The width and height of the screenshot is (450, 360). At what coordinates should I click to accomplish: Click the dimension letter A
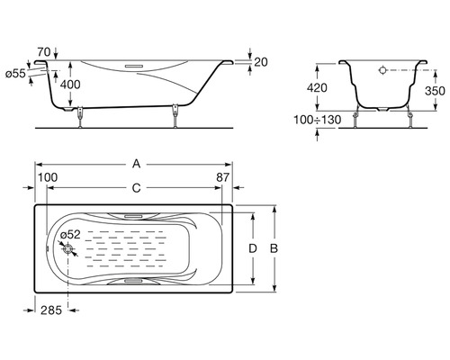[x=137, y=164]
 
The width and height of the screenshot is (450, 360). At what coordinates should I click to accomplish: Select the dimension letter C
[x=137, y=188]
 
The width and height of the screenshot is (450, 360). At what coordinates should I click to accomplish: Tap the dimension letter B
[x=274, y=248]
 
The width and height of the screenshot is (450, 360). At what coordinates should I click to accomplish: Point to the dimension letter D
[x=253, y=248]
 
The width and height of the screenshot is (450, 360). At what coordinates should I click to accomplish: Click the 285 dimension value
[x=51, y=310]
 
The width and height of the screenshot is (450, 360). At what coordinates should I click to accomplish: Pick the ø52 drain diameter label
[x=70, y=234]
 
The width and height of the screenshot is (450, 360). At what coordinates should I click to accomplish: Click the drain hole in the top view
[x=68, y=249]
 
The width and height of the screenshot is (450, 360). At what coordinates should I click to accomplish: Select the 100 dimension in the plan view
[x=48, y=177]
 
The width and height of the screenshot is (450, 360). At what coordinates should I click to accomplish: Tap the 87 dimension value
[x=223, y=177]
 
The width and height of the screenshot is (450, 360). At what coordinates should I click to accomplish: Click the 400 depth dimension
[x=70, y=85]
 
